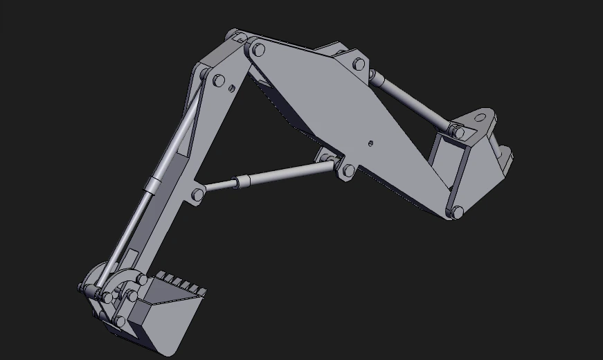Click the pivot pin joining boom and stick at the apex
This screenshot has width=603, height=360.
click(258, 49)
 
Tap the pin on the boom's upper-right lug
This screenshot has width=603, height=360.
click(359, 64)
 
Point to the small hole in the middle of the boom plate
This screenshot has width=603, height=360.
click(371, 143)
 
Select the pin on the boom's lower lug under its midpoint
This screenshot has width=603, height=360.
click(348, 170)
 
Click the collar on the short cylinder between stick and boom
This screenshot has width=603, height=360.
click(240, 182)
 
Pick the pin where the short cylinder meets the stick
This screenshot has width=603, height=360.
click(198, 195)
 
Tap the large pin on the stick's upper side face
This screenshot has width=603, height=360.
click(219, 80)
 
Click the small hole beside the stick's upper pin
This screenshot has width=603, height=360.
click(232, 88)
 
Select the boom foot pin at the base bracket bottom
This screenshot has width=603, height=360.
click(457, 212)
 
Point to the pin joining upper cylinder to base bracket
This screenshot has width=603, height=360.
click(457, 130)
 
